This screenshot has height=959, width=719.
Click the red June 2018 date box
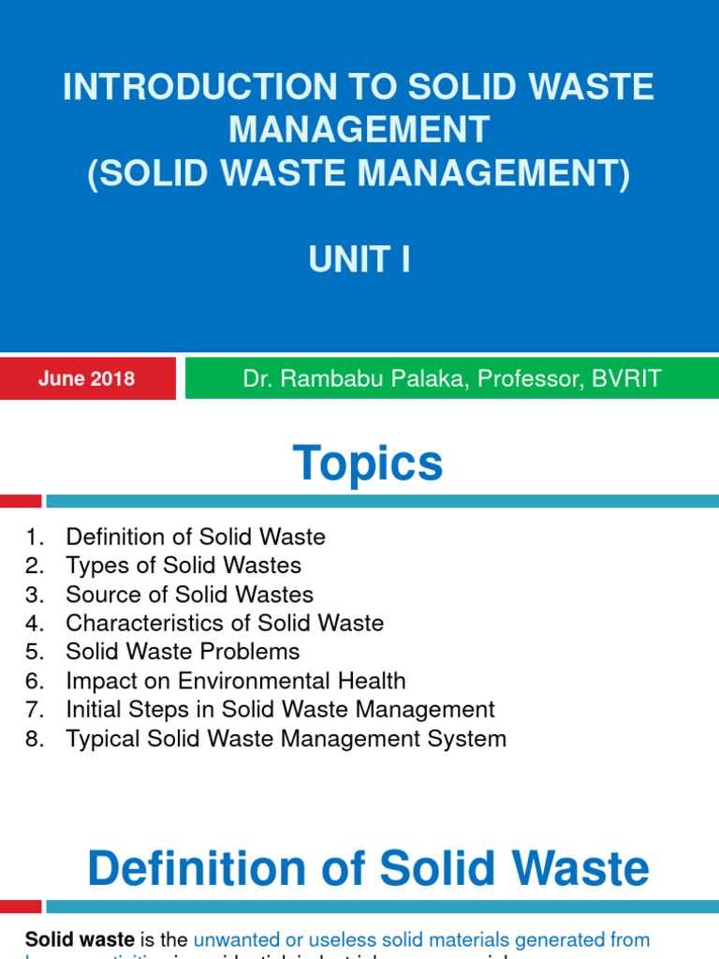[x=87, y=379]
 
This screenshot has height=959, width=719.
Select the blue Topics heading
[x=368, y=464]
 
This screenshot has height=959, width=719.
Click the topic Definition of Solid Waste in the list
[x=195, y=537]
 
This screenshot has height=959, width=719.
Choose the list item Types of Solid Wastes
[x=183, y=566]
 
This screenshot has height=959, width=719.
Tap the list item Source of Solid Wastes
[x=189, y=595]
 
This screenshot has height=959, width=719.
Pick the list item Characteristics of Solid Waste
[x=225, y=623]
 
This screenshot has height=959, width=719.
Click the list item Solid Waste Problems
[x=183, y=652]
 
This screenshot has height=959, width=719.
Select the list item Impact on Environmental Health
[x=235, y=681]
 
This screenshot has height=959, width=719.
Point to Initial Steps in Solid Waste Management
[x=280, y=710]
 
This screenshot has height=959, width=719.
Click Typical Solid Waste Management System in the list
[x=286, y=739]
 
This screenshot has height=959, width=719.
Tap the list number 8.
[x=35, y=739]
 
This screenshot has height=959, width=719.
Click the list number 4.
[x=35, y=623]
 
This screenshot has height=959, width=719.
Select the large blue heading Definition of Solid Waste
[x=368, y=869]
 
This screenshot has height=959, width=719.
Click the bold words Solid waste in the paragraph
[x=80, y=939]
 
